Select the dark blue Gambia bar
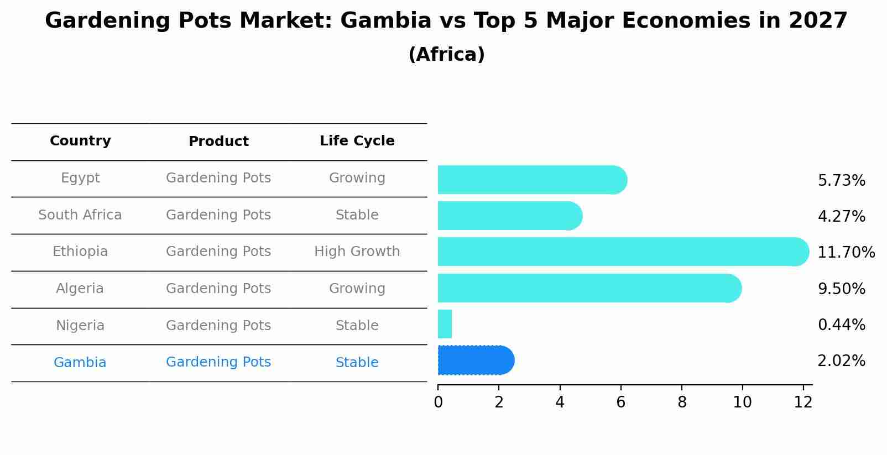(476, 360)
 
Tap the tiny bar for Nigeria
(445, 324)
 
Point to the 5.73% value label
(841, 181)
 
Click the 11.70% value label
(846, 253)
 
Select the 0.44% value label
(841, 325)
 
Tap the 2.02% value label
(841, 361)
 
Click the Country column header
(80, 141)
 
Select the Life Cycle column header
(357, 141)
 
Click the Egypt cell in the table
(80, 178)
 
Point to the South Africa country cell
(80, 215)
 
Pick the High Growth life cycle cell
(357, 252)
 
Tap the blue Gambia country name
(80, 363)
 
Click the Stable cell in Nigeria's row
(357, 326)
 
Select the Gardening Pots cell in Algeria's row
(218, 289)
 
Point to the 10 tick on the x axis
(742, 402)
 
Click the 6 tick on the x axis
(620, 402)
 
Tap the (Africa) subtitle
(446, 55)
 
